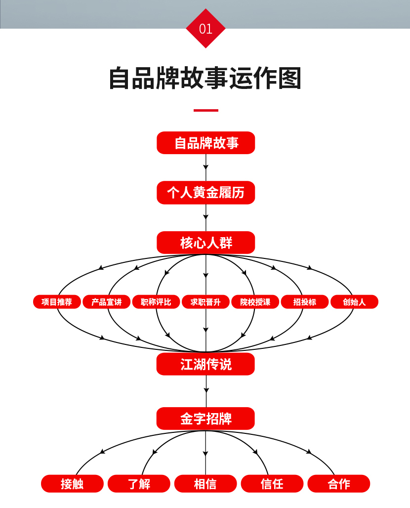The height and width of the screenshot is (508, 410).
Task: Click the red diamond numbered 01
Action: [x=205, y=29]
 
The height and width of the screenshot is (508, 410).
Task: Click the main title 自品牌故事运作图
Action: [x=205, y=78]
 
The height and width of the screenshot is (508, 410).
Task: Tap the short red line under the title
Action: [x=205, y=110]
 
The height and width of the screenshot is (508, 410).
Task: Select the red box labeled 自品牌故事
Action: [x=205, y=143]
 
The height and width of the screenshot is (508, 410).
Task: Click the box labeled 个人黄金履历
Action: [x=205, y=193]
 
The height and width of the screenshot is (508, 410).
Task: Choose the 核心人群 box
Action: [x=205, y=243]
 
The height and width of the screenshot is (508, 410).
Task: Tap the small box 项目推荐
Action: [x=57, y=302]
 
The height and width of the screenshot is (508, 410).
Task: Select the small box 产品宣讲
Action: [x=106, y=302]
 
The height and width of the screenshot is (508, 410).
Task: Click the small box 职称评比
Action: [x=156, y=302]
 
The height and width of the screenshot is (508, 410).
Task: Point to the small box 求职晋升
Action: [x=205, y=302]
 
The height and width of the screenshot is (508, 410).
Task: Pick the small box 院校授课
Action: [x=255, y=302]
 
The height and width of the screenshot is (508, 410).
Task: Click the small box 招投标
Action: [x=304, y=302]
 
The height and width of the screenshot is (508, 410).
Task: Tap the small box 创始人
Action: [x=354, y=302]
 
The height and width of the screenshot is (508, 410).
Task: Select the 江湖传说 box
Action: [x=205, y=364]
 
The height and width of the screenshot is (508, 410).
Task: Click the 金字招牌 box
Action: [x=205, y=419]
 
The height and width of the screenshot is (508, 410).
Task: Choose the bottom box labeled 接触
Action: [x=72, y=484]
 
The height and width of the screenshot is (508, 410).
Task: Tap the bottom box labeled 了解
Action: [x=139, y=484]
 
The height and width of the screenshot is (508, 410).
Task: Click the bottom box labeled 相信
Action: [x=205, y=484]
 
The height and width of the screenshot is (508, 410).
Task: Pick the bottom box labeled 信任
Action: [x=272, y=484]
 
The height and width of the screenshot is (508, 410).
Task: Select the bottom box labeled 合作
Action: [x=338, y=484]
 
